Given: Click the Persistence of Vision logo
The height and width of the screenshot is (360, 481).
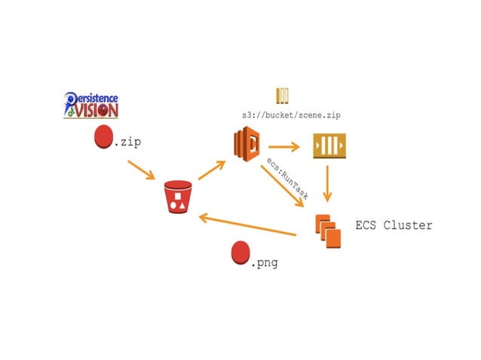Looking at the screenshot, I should click(91, 105).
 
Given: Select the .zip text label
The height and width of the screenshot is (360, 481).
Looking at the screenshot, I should click(127, 142).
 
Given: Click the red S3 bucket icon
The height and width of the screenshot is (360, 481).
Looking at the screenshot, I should click(179, 198).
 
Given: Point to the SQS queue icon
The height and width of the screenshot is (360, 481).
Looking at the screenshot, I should click(329, 145).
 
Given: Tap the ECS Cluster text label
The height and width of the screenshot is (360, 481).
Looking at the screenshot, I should click(394, 225).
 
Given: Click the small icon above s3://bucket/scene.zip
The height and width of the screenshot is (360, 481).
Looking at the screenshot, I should click(283, 96).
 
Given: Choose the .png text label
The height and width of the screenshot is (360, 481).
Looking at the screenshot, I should click(265, 264).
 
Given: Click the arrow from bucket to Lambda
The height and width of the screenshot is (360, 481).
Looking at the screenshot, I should click(213, 169).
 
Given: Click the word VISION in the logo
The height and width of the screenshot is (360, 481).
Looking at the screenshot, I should click(97, 110).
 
